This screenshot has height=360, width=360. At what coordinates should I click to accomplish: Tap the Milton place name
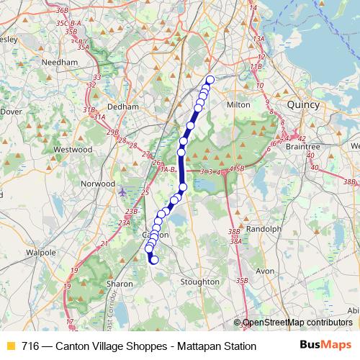click(x=238, y=104)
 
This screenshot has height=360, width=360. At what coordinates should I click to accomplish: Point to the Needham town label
click(x=60, y=63)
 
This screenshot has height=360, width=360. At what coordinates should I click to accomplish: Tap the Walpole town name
click(x=40, y=253)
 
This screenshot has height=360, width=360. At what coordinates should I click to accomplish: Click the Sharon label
click(x=120, y=284)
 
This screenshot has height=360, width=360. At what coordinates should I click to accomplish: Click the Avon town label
click(x=266, y=271)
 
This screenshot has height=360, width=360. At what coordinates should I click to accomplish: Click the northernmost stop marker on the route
click(x=211, y=80)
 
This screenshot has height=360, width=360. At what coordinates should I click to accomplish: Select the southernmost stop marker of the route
click(x=154, y=260)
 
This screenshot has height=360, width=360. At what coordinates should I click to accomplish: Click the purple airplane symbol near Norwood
click(x=122, y=192)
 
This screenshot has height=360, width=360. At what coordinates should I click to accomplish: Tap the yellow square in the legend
click(x=11, y=346)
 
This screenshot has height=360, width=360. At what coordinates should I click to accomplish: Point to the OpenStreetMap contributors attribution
click(x=295, y=323)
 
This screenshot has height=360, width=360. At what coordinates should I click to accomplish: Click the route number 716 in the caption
click(x=30, y=346)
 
